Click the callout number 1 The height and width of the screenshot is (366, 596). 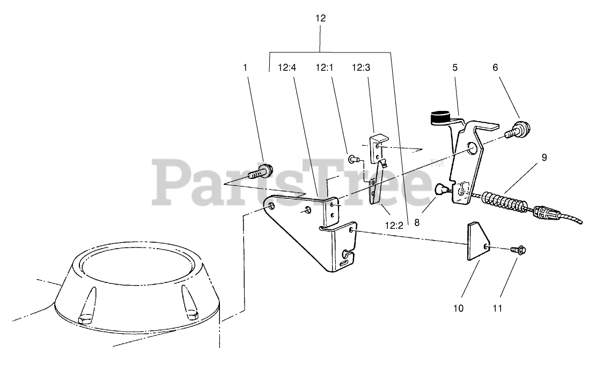pos(245,68)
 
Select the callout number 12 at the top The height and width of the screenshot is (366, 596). pos(320,18)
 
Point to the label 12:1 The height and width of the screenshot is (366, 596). pos(323,68)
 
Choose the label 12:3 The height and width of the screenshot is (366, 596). pos(360,68)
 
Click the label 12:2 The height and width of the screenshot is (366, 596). pos(394,226)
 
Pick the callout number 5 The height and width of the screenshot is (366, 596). pos(455,68)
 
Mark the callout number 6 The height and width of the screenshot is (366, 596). pos(495,68)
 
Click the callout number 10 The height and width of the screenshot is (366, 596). pos(458,309)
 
